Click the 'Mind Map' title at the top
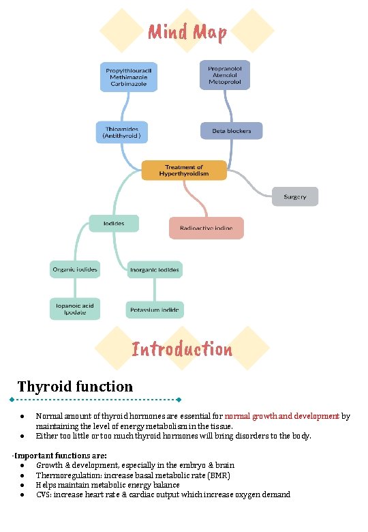click(x=187, y=31)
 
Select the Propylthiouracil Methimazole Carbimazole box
click(x=129, y=76)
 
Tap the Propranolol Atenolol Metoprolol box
click(x=225, y=74)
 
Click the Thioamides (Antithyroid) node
click(x=122, y=132)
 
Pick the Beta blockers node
click(x=231, y=131)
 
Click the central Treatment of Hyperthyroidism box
click(x=184, y=170)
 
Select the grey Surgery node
click(x=294, y=196)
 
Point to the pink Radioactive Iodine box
click(x=206, y=228)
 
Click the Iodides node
click(x=113, y=223)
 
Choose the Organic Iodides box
click(x=75, y=269)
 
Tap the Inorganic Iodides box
click(x=155, y=270)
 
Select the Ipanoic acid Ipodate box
click(x=75, y=309)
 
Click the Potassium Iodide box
click(x=155, y=310)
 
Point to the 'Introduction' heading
click(x=182, y=350)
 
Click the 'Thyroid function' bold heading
click(x=75, y=387)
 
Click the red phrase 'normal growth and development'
click(x=281, y=415)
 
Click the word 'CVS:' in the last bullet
click(x=44, y=494)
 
